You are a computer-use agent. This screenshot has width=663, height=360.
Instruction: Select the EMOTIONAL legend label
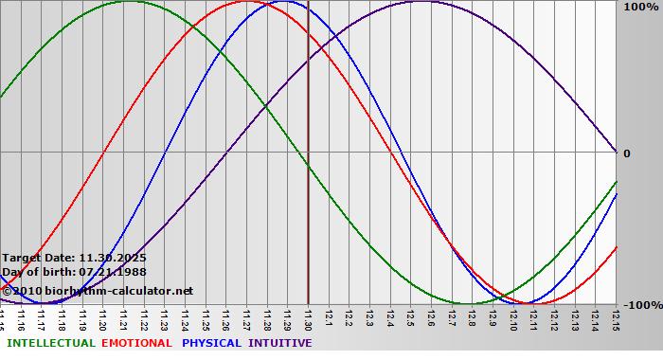pyautogui.click(x=136, y=343)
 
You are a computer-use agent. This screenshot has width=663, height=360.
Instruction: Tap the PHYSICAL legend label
pyautogui.click(x=211, y=343)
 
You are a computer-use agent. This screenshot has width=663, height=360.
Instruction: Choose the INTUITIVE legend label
pyautogui.click(x=280, y=343)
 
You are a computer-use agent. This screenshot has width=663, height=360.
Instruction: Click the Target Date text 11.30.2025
pyautogui.click(x=113, y=257)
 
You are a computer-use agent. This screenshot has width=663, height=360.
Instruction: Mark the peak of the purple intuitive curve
pyautogui.click(x=420, y=2)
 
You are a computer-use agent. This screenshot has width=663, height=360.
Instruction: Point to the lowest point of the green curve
pyautogui.click(x=471, y=303)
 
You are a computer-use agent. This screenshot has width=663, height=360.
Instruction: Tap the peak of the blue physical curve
pyautogui.click(x=286, y=2)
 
